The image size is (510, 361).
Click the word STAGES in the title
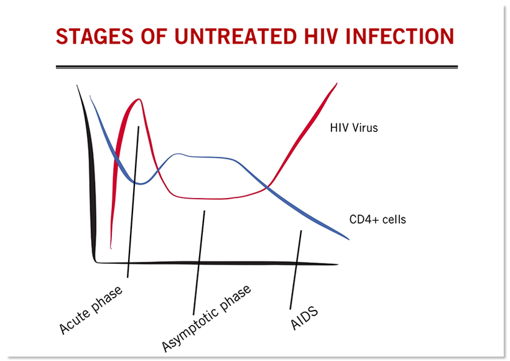(x=95, y=36)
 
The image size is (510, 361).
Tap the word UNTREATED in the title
(x=236, y=36)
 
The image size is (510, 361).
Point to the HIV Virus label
(x=354, y=128)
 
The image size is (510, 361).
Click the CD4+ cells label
(x=378, y=219)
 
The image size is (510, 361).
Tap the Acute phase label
(x=91, y=309)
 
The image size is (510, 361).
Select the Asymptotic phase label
(x=206, y=318)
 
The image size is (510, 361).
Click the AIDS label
(x=304, y=318)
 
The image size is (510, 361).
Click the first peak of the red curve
(x=139, y=99)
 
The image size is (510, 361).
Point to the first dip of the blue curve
(x=140, y=184)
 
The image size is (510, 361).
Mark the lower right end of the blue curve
(x=349, y=239)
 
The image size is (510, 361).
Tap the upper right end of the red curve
(x=336, y=83)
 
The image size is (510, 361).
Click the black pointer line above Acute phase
(x=133, y=202)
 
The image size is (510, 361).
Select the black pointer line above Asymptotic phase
(x=199, y=263)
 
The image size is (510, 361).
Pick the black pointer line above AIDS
(x=295, y=270)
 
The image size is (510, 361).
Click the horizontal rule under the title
(x=257, y=67)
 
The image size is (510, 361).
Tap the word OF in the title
(x=154, y=36)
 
